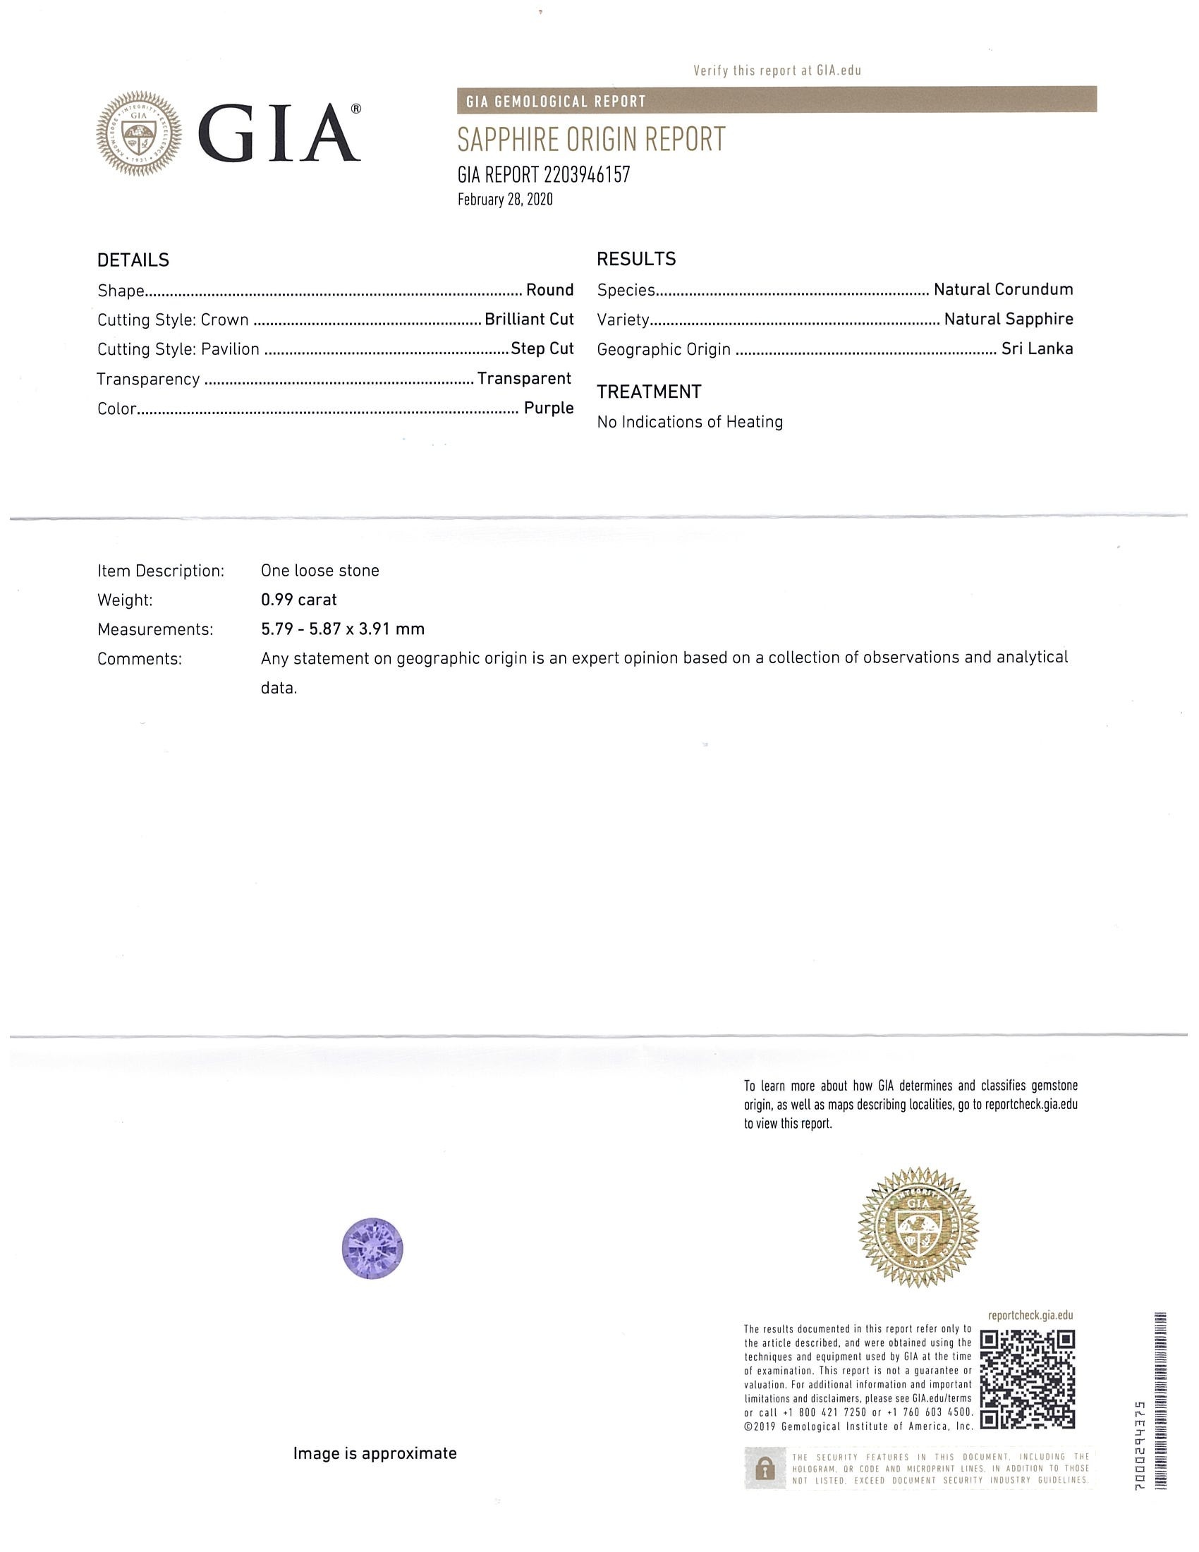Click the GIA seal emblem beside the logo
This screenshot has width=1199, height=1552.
[x=139, y=134]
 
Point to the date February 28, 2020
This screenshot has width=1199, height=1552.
[x=504, y=200]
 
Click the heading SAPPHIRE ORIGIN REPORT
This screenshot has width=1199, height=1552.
[x=591, y=139]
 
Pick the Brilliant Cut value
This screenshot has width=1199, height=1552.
[x=528, y=320]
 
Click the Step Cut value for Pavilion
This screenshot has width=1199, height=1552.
[x=542, y=349]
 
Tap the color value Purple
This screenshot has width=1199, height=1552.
[x=548, y=408]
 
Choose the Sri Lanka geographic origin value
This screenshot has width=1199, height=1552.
[x=1036, y=349]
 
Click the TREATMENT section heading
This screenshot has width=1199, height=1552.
[x=648, y=392]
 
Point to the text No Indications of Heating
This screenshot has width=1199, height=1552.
[x=690, y=422]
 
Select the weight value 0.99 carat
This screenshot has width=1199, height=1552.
[x=298, y=600]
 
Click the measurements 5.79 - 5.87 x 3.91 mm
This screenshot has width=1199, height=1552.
[x=342, y=629]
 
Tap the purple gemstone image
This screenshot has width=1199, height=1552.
[x=373, y=1249]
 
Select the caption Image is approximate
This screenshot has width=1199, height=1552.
[x=375, y=1454]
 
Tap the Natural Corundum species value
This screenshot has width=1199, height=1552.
[x=1003, y=290]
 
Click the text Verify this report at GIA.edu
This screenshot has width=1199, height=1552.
[x=777, y=71]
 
